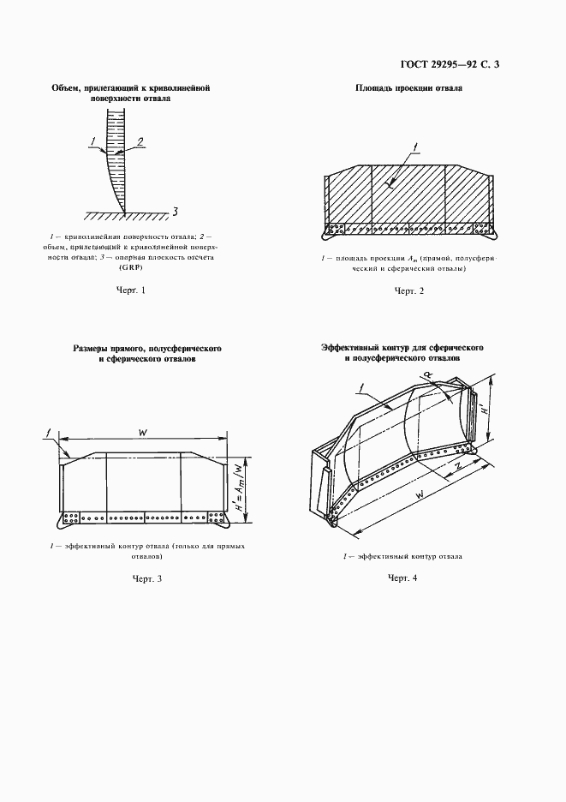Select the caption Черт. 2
408,291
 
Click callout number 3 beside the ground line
175,212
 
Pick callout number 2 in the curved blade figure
140,141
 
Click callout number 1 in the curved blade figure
92,141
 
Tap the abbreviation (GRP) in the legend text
133,266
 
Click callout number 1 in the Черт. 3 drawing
50,431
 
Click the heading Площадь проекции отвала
408,88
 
